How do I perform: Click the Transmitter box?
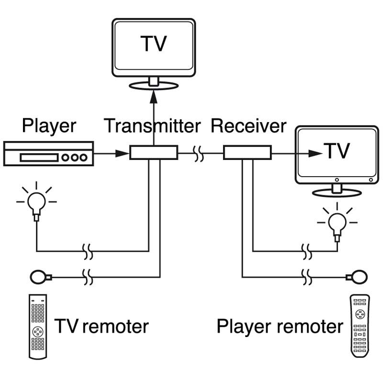[x=154, y=153]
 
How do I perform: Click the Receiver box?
[x=248, y=153]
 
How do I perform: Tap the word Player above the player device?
[x=49, y=126]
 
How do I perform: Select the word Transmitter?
[x=152, y=126]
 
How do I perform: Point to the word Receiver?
[x=248, y=126]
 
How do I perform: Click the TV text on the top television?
[x=154, y=44]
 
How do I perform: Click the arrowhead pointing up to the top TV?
[x=154, y=97]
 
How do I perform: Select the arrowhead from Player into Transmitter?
[x=122, y=153]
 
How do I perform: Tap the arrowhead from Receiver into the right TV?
[x=315, y=153]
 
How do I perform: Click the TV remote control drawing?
[x=38, y=327]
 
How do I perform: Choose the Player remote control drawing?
[x=360, y=326]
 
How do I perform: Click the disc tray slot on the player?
[x=39, y=158]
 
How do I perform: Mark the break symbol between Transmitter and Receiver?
[x=198, y=154]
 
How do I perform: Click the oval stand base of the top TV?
[x=154, y=86]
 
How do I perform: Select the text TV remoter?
[x=101, y=326]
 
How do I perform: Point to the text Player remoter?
[x=280, y=327]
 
